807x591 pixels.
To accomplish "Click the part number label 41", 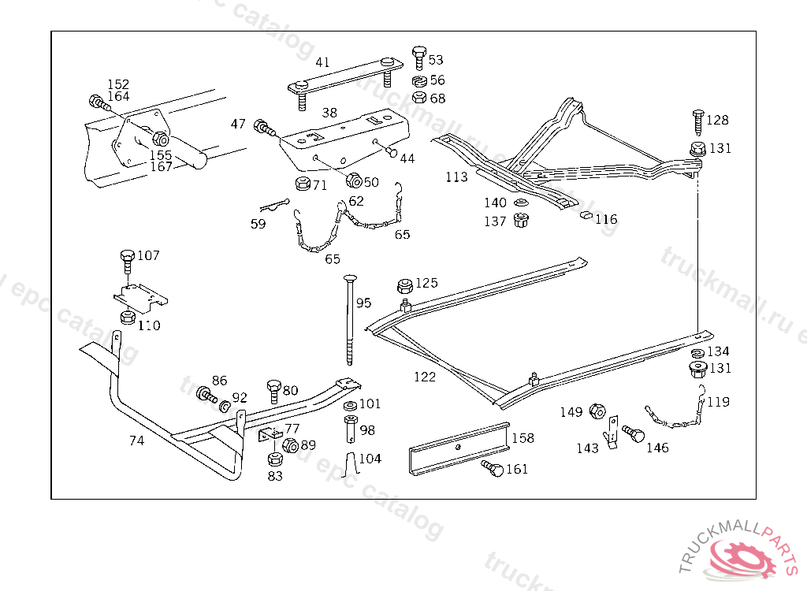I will coord(322,62).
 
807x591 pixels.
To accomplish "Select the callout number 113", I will coord(456,177).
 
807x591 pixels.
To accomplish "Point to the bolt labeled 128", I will coord(697,120).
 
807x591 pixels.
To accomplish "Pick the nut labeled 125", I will coord(405,284).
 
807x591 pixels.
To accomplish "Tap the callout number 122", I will coord(425,377).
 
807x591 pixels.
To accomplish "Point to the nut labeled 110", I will coord(127,317).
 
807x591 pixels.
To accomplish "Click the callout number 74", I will coord(136,440).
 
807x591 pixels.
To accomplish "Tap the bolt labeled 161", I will coord(493,470).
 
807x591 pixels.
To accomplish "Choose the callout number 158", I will coord(523,438).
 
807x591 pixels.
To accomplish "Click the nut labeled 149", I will coord(597,411).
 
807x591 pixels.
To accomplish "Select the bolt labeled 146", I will coord(632,433).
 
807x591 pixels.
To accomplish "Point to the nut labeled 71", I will coord(301,186).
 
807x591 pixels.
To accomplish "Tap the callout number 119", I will coord(718,402).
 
